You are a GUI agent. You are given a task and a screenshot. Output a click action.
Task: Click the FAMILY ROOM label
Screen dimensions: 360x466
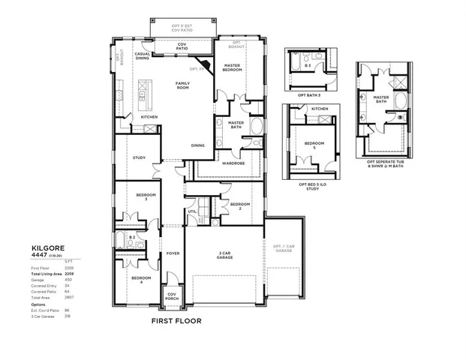[x=182, y=85]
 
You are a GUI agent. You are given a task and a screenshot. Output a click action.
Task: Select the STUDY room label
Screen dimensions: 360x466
[x=139, y=157]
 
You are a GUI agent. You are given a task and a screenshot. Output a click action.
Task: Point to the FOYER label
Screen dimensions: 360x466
[x=173, y=253]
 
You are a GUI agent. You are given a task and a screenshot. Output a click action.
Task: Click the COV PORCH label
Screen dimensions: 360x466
[x=172, y=295]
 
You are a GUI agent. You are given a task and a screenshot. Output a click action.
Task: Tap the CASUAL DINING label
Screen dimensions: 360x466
[x=143, y=56]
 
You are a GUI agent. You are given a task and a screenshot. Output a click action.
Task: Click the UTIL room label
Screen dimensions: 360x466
[x=192, y=211]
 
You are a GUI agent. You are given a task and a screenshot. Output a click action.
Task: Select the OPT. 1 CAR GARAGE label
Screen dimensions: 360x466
[x=284, y=247]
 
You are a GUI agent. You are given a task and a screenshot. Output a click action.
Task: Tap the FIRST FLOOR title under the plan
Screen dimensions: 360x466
[x=176, y=320]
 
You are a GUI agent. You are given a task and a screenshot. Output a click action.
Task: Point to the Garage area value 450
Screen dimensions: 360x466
[x=68, y=280]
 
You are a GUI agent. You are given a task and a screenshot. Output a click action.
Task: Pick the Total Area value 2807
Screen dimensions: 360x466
[x=68, y=297]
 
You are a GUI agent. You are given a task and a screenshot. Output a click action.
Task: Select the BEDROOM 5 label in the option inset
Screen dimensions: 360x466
[x=314, y=145]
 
